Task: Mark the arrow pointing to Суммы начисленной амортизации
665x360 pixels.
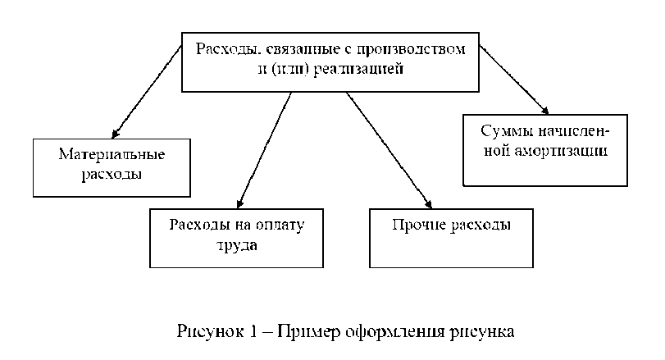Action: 513,78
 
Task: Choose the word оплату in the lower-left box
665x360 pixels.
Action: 276,225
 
